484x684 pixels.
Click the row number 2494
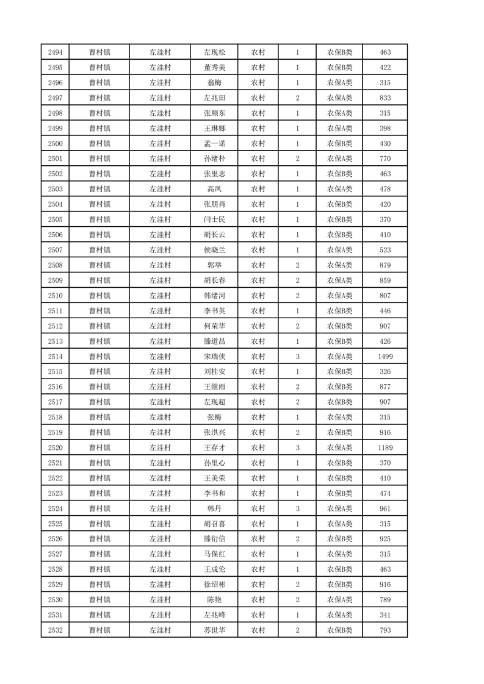(54, 52)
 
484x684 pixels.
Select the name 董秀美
(214, 68)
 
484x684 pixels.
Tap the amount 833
(385, 98)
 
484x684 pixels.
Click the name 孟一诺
(214, 143)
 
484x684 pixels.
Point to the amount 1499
(385, 356)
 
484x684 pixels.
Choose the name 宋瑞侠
(214, 356)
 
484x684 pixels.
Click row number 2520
(54, 447)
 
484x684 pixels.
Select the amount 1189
(385, 447)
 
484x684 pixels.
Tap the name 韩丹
(214, 508)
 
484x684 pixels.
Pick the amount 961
(385, 508)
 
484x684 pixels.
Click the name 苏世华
(214, 630)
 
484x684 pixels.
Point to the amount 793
(385, 630)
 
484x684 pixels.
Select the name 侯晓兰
(214, 250)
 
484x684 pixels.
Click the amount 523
(385, 250)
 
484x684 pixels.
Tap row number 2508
(54, 265)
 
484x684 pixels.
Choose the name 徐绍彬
(214, 584)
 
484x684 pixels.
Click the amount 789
(385, 599)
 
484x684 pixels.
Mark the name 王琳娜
(214, 128)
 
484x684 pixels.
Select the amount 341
(385, 615)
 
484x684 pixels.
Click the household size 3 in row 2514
(297, 356)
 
